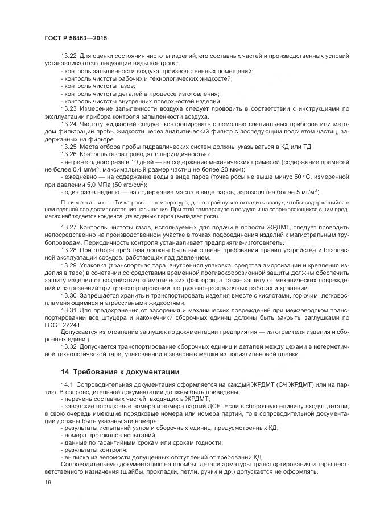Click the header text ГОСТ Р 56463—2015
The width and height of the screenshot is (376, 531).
pos(76,37)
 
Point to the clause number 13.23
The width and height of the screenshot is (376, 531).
pos(69,108)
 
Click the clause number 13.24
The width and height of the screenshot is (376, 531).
pos(69,124)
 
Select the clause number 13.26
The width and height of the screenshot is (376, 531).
pos(69,154)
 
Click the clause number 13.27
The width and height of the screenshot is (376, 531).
pos(69,226)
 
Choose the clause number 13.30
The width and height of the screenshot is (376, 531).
pos(69,295)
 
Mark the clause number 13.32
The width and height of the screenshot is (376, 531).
pos(69,346)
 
